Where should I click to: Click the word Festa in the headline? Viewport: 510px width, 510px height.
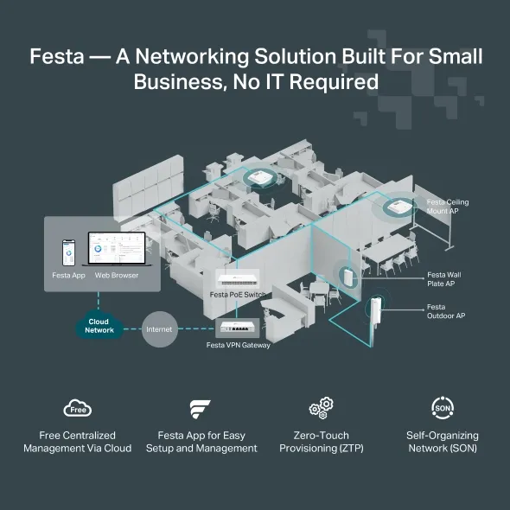[x=56, y=56]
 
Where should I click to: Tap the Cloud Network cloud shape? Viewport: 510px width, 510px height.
[x=99, y=326]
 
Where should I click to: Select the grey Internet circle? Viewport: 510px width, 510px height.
[x=159, y=329]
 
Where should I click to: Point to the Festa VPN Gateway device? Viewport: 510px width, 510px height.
[x=239, y=328]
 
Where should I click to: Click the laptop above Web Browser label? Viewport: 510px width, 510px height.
[x=114, y=252]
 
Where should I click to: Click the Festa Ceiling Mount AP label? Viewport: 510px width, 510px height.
[x=447, y=207]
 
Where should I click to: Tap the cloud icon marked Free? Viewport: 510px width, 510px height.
[x=78, y=408]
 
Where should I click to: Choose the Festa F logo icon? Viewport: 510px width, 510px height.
[x=201, y=408]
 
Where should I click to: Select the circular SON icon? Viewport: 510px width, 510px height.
[x=442, y=407]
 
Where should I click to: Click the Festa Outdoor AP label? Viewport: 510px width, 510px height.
[x=446, y=311]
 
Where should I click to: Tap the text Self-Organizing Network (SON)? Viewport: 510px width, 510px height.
[x=442, y=442]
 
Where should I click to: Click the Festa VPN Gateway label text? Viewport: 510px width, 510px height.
[x=239, y=345]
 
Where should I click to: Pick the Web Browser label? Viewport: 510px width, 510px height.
[x=117, y=275]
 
